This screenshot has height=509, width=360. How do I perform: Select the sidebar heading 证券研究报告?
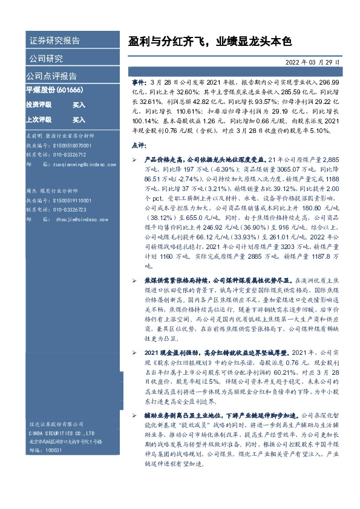(54, 42)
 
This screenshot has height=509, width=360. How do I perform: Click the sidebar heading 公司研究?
(45, 59)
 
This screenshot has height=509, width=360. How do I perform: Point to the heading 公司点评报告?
(51, 76)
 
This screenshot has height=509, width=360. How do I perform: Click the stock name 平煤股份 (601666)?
(54, 89)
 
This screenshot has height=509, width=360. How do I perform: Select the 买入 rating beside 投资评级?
(79, 105)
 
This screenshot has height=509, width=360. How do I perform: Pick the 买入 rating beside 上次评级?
(79, 120)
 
